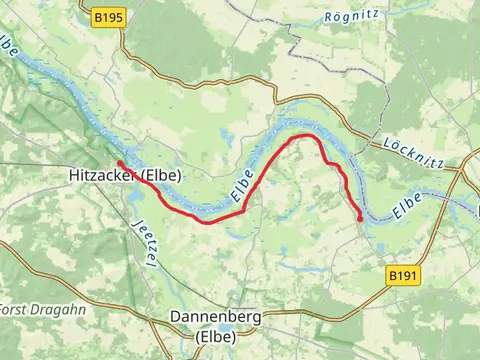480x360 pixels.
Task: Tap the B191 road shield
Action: tap(403, 273)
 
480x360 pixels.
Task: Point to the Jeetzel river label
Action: tap(141, 242)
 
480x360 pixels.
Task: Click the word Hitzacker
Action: tap(104, 176)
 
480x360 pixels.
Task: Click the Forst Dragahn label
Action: tap(29, 308)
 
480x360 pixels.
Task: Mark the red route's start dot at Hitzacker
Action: tap(119, 163)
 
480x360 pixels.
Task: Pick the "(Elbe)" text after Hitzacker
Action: tap(167, 176)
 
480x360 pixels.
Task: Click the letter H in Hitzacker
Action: tap(74, 176)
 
